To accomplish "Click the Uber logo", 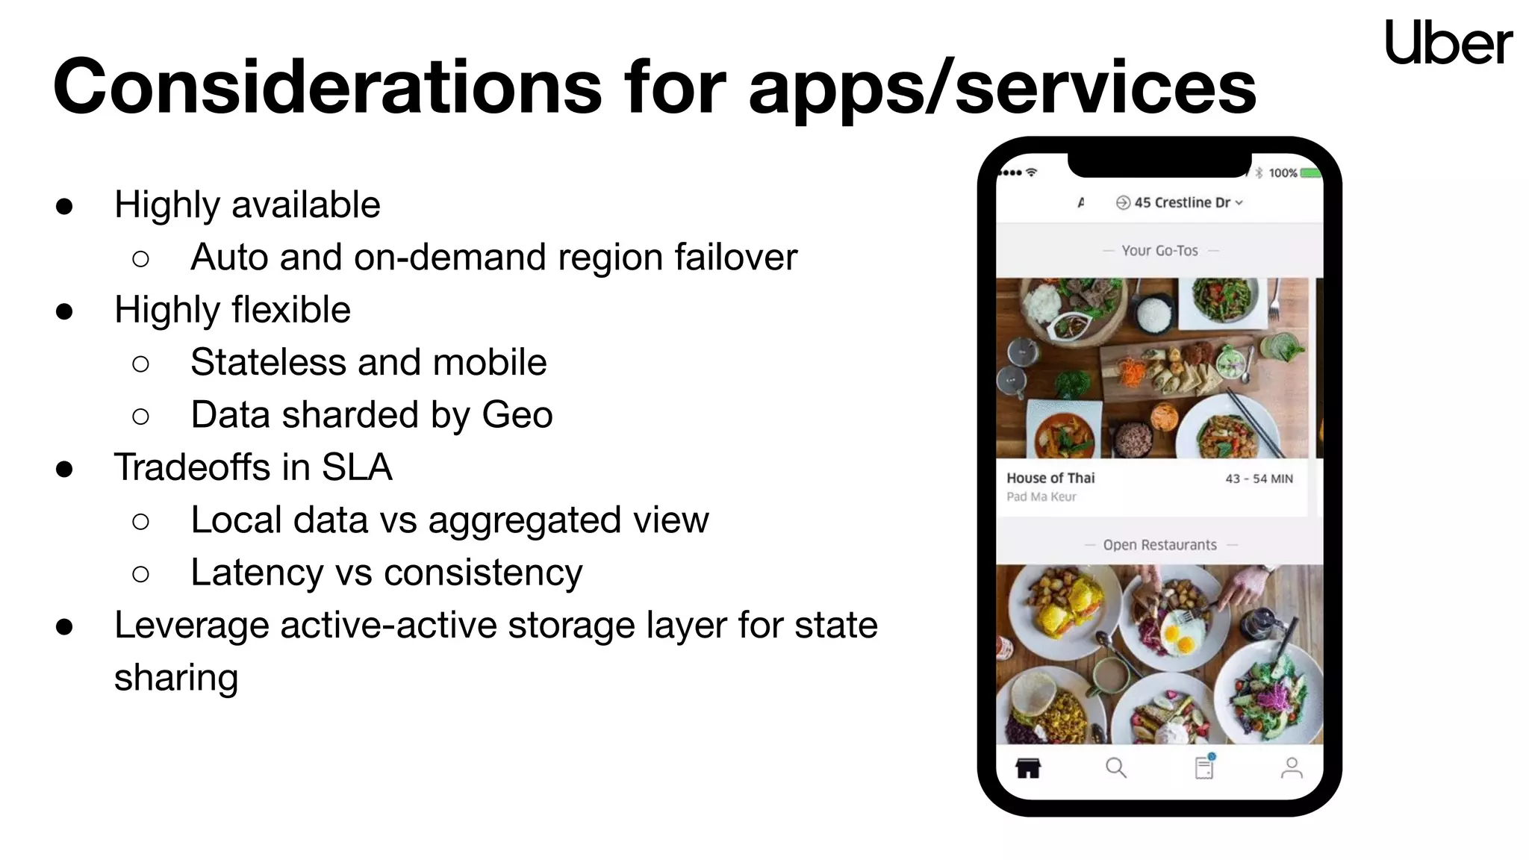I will tap(1448, 43).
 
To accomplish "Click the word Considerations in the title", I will tap(327, 87).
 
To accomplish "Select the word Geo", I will tap(517, 415).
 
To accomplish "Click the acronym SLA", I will tap(357, 468).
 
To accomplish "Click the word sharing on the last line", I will tap(176, 678).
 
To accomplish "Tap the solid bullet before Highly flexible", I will tap(64, 311).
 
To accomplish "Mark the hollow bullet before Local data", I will tap(140, 521).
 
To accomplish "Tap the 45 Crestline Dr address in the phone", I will tap(1181, 202).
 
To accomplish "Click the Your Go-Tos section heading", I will tap(1159, 251).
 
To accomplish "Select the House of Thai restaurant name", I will tap(1050, 478).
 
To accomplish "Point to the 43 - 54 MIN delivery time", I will tap(1259, 479).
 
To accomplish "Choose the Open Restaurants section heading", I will tap(1159, 545).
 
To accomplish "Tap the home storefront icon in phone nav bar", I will tap(1028, 767).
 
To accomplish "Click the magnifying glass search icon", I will tap(1115, 767).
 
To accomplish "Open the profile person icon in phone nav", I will tap(1292, 767).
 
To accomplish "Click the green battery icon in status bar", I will tap(1310, 173).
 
